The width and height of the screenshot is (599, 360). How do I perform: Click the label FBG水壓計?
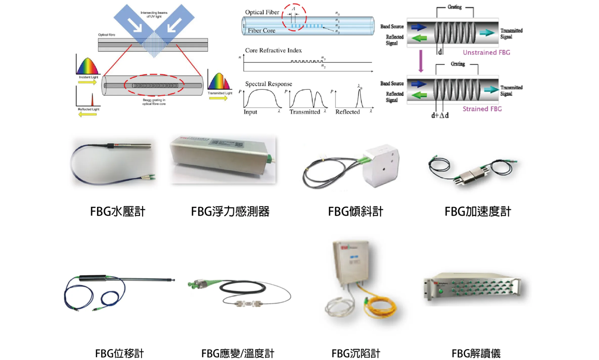117,212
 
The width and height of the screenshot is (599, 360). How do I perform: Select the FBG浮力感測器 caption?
230,212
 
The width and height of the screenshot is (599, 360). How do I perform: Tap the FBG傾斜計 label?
355,212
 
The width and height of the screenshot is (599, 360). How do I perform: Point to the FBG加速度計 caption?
478,212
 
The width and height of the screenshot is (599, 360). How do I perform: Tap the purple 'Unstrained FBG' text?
486,53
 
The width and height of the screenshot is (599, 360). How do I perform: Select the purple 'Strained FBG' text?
482,109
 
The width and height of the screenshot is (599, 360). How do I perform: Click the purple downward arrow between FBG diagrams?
421,61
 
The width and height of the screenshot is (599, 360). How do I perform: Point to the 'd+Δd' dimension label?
440,115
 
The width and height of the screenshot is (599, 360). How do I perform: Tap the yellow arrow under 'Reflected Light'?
88,115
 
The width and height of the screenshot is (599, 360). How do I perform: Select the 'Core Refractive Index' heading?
273,50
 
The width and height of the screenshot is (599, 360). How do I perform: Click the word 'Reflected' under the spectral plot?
347,112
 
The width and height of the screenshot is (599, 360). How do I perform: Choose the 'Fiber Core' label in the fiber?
261,31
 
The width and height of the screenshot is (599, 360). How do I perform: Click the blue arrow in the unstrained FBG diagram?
419,27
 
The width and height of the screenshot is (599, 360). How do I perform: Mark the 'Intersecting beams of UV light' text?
154,14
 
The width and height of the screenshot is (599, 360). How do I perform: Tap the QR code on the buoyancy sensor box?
239,144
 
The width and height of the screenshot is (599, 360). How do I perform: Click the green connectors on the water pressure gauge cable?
148,177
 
